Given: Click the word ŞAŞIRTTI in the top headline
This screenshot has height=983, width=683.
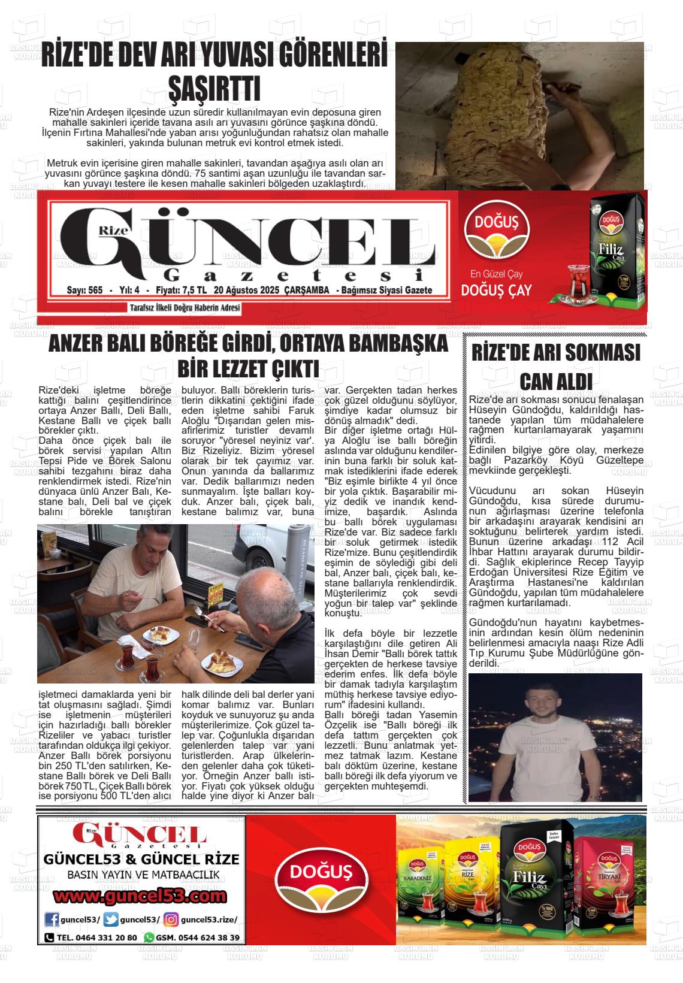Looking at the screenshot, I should [x=214, y=88].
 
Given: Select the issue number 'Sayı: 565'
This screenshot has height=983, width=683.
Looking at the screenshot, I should [x=85, y=291].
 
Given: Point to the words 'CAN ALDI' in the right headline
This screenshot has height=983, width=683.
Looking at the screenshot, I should [x=556, y=381].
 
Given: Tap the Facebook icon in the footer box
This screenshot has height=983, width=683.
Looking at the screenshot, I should [x=53, y=920].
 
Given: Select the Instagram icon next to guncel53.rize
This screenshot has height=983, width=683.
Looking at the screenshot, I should [x=171, y=920].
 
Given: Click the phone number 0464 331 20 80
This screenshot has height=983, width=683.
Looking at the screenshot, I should [x=97, y=937].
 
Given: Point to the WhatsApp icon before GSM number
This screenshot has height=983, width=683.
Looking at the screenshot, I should [x=149, y=937].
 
